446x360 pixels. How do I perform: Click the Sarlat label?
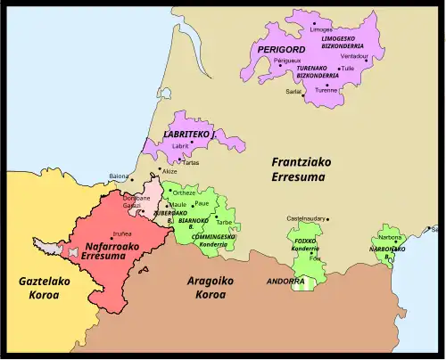tap(293, 91)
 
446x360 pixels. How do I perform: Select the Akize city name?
tap(169, 172)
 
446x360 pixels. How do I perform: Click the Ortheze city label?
tap(185, 192)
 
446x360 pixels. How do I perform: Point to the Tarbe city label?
tap(225, 223)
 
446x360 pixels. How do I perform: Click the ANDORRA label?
tap(285, 281)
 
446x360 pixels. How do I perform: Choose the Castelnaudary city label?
tap(307, 218)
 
